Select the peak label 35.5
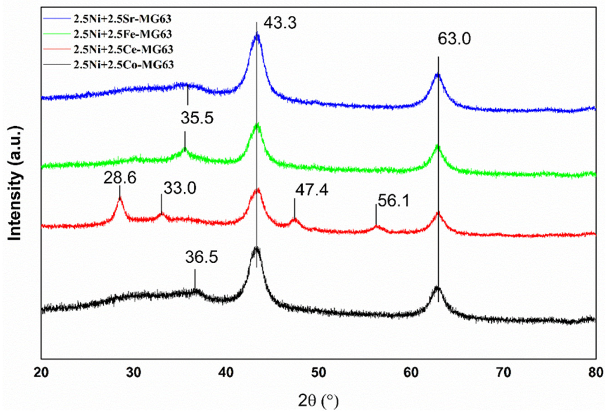point(197,118)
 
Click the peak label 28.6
point(120,178)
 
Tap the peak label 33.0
point(180,188)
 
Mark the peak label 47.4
point(312,190)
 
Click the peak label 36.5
point(202,257)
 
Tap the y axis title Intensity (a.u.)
point(15,183)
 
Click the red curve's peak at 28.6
point(120,198)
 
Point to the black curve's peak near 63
point(437,287)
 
